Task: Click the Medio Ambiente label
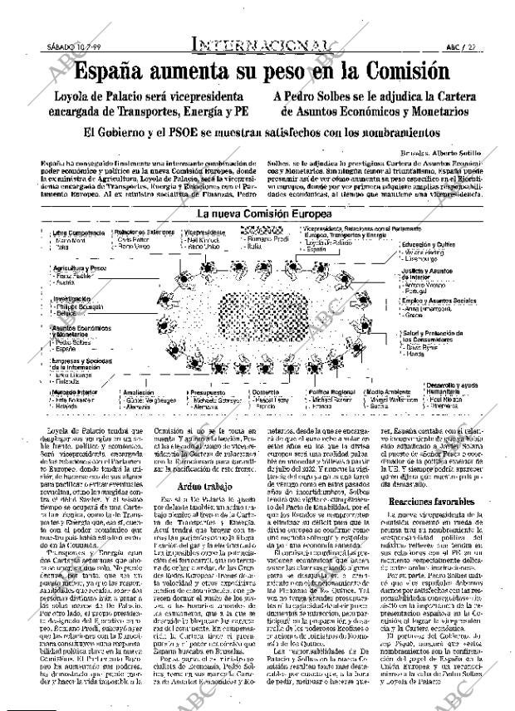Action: (x=386, y=391)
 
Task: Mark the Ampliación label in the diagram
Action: (x=138, y=391)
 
